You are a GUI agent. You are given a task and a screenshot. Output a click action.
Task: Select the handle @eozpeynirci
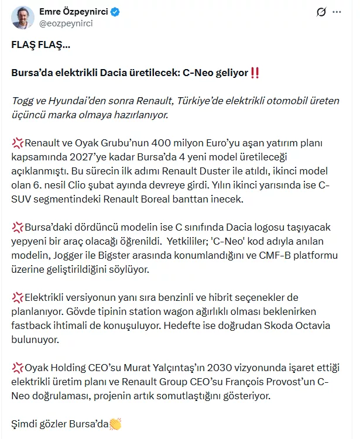coord(66,23)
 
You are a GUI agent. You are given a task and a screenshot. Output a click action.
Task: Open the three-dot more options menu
coord(337,12)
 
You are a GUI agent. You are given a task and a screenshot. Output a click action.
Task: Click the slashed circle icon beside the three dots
coord(320,12)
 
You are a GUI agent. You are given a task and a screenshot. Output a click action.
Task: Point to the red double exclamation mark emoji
coord(255,73)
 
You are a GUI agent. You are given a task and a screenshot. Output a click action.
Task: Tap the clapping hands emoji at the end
coord(115,424)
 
